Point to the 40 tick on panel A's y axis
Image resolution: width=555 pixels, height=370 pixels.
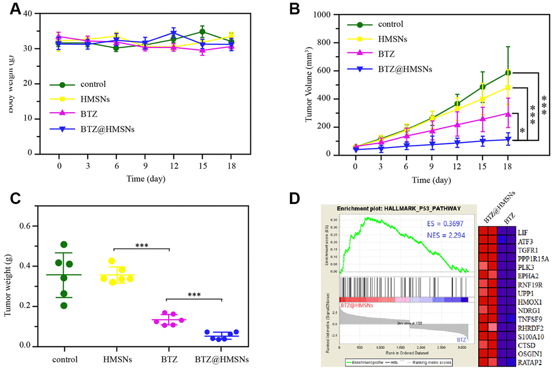(x=34, y=13)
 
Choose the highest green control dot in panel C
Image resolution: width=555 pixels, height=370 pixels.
(x=64, y=244)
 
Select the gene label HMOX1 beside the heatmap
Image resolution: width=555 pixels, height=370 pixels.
(x=527, y=301)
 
